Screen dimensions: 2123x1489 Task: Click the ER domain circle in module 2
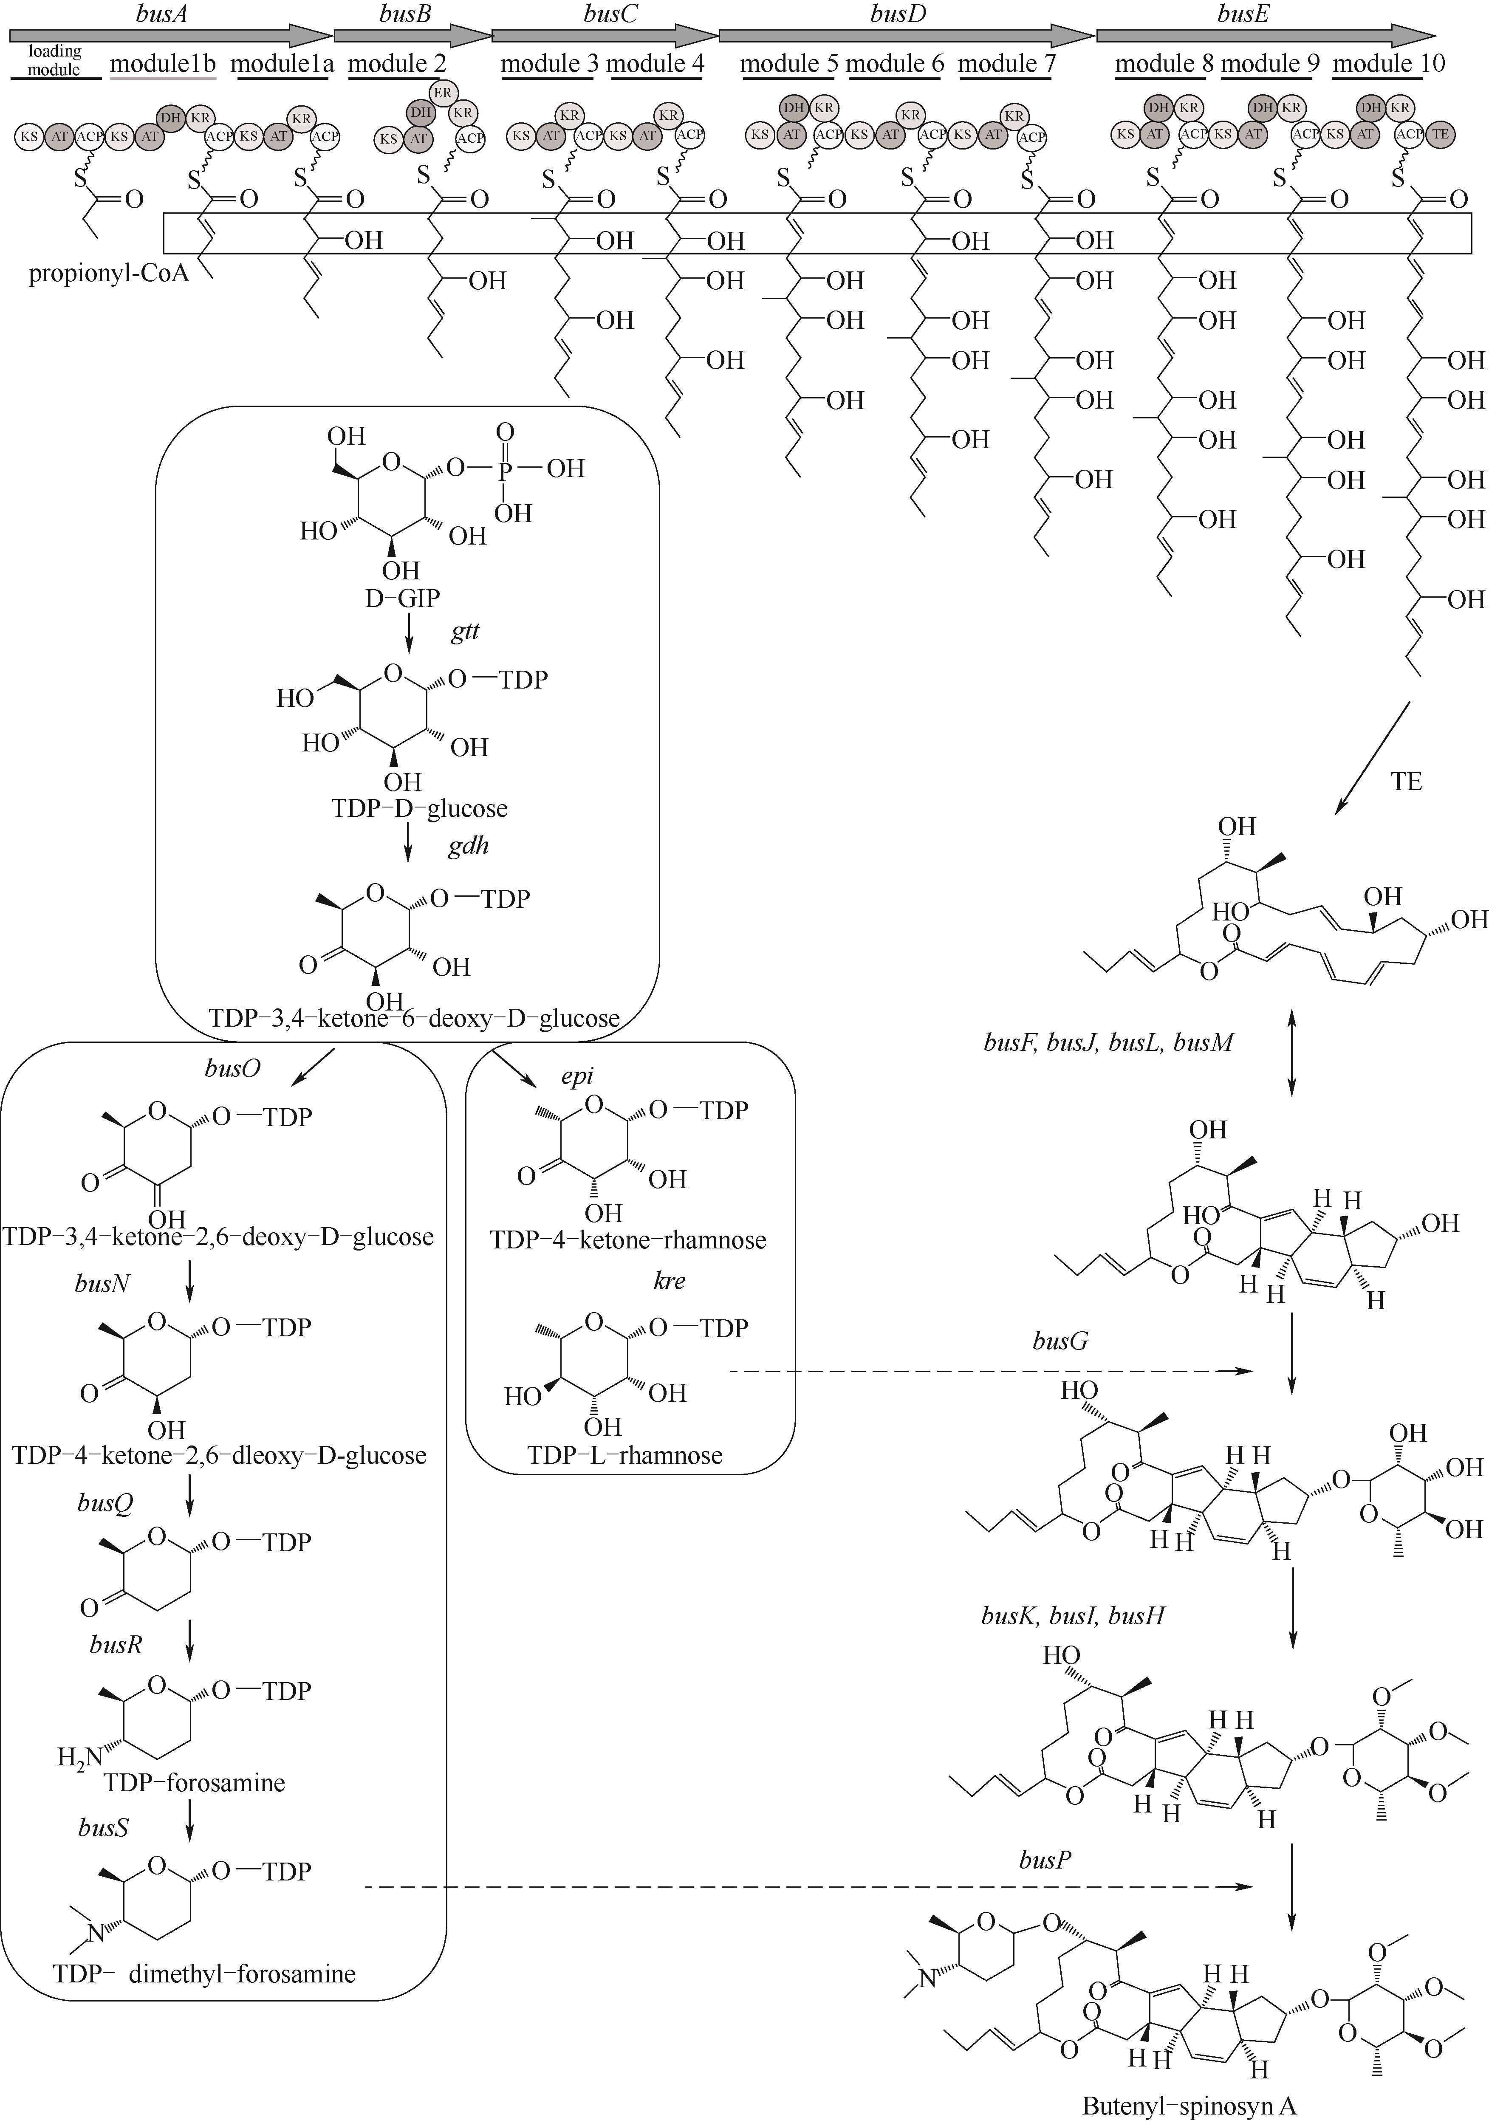[x=442, y=93]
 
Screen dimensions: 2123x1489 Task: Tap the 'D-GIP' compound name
[x=402, y=598]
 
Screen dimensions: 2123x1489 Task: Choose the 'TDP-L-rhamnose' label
[x=625, y=1455]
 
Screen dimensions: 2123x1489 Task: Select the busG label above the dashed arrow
[x=1060, y=1341]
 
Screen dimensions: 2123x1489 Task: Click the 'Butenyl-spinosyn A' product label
[x=1190, y=2106]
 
